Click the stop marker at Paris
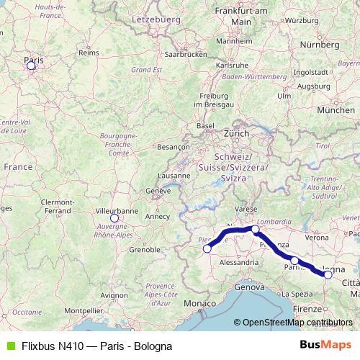pos(31,66)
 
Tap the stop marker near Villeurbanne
pos(114,218)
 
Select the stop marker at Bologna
pos(328,274)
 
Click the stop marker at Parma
pos(294,260)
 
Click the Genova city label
pos(249,287)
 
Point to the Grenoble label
pos(145,251)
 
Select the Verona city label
pos(317,237)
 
